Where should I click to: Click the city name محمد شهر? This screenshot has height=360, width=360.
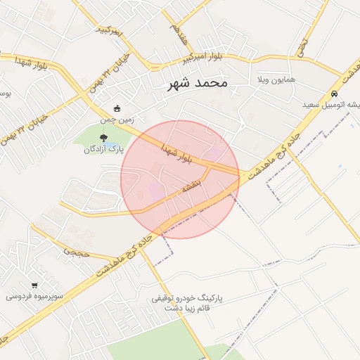point(198,83)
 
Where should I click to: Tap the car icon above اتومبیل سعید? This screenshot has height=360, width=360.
point(335,93)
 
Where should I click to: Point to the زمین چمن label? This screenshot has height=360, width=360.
point(117,120)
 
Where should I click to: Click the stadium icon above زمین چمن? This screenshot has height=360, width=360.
point(117,109)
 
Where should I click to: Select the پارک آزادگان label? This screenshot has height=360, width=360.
point(103,149)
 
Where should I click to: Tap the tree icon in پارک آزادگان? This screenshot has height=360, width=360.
point(103,138)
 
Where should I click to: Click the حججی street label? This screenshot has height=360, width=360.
point(77,250)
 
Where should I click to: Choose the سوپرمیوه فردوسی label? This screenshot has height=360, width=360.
point(35,297)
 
